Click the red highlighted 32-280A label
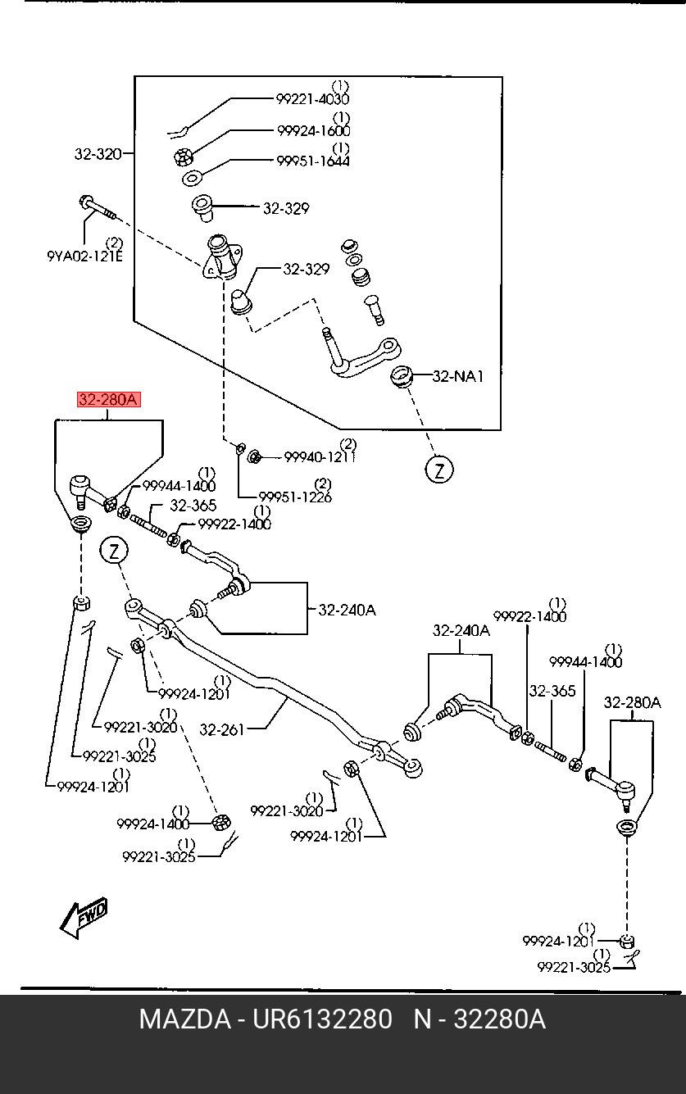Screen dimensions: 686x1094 [109, 400]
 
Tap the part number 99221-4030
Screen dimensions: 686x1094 [313, 99]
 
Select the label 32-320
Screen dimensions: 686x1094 [98, 154]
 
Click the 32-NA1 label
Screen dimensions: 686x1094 [458, 376]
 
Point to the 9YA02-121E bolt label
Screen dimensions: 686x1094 [84, 256]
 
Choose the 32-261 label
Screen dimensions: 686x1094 [221, 729]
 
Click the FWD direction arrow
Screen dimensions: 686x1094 [83, 917]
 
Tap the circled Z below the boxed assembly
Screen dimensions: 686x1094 [438, 470]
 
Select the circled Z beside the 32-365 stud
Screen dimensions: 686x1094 [114, 552]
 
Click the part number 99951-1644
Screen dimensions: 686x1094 [313, 161]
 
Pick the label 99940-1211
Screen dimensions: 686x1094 [320, 457]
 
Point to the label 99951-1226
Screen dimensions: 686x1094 [295, 497]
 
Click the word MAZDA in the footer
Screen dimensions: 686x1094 [184, 1019]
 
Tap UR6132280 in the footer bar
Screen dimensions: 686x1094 [322, 1019]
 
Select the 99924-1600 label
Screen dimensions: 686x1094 [314, 130]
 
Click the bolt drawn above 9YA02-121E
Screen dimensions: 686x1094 [98, 207]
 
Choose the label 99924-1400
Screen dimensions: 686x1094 [153, 824]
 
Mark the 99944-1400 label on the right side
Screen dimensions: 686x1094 [586, 662]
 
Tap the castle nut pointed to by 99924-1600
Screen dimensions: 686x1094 [184, 157]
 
